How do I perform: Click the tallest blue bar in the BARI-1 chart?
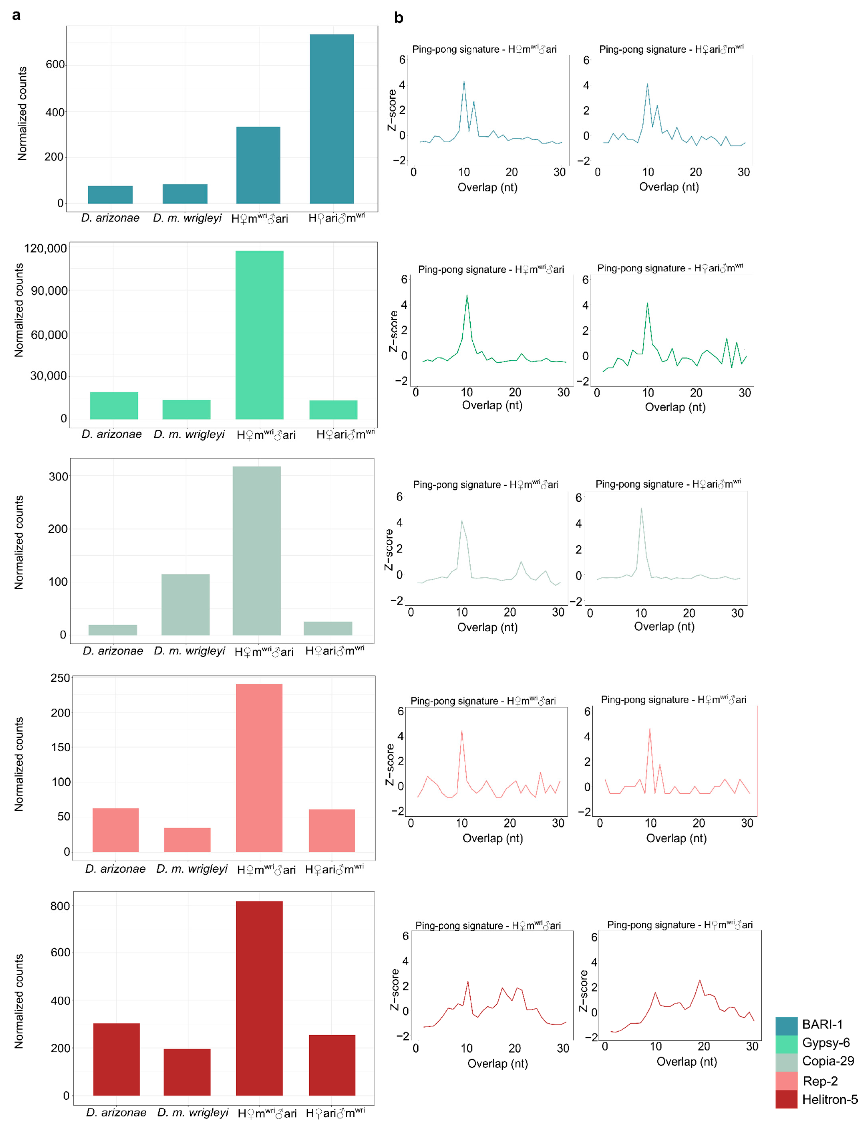tap(332, 119)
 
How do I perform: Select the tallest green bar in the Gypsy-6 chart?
tap(259, 335)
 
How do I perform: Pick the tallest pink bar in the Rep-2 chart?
tap(259, 767)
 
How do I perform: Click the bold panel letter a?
tap(16, 15)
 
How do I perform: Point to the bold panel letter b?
tap(399, 18)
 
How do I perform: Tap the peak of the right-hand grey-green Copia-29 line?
tap(641, 509)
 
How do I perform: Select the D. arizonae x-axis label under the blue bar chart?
tap(110, 218)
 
